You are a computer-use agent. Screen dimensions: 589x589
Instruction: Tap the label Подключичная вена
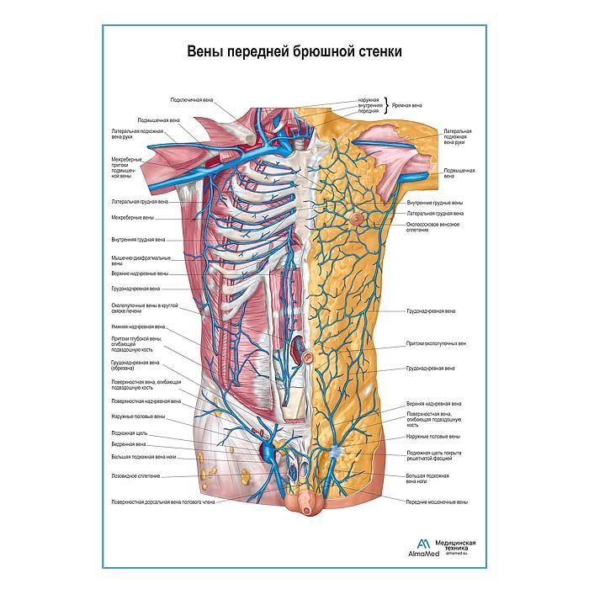click(x=191, y=100)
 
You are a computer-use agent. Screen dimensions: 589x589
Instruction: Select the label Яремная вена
click(x=411, y=105)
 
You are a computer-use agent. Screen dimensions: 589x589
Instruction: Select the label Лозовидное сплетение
click(x=135, y=476)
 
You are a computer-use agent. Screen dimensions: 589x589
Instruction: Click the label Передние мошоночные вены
click(x=438, y=501)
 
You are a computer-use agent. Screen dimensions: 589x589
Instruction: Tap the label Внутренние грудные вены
click(x=434, y=203)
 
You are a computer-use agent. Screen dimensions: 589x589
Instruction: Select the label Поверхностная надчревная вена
click(x=145, y=401)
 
